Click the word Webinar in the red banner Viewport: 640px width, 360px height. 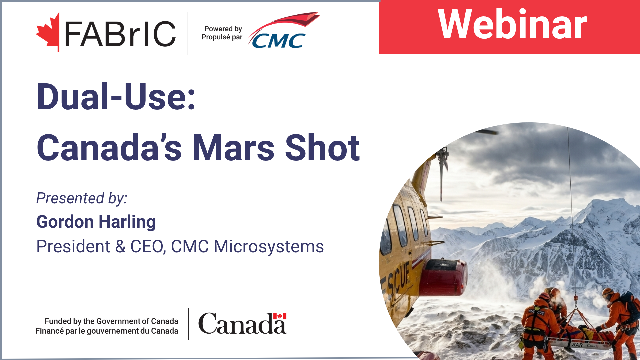tap(512, 25)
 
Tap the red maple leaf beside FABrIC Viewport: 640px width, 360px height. tap(48, 33)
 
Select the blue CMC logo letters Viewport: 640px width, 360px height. tap(279, 41)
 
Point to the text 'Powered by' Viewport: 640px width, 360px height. tap(223, 29)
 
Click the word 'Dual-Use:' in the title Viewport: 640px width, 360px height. tap(116, 97)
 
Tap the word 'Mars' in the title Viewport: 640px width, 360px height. tap(234, 148)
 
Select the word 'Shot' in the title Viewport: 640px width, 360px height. tap(322, 148)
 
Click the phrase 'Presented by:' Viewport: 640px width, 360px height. tap(82, 198)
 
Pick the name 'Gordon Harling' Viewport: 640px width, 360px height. tap(96, 222)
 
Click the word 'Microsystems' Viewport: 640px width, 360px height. tap(269, 247)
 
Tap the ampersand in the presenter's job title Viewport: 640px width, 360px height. tap(120, 247)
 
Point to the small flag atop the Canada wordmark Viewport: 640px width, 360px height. tap(280, 316)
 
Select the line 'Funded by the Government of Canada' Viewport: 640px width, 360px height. tap(111, 321)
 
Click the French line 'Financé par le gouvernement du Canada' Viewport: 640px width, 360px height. tap(107, 331)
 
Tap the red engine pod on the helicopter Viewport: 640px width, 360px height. tap(443, 277)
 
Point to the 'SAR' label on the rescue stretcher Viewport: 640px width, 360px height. tap(577, 345)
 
